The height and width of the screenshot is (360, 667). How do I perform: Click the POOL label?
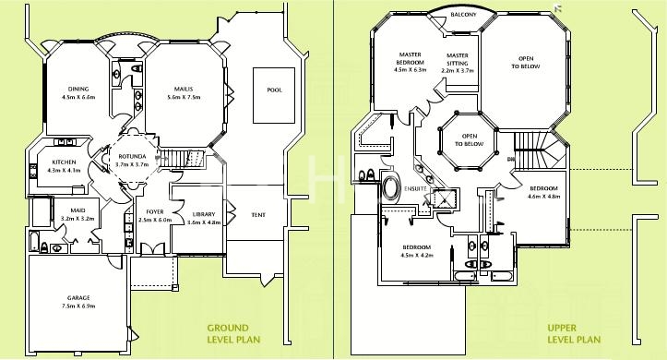[x=274, y=90]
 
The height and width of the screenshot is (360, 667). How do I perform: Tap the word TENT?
[x=258, y=215]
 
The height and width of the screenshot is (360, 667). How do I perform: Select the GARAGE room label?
[x=78, y=298]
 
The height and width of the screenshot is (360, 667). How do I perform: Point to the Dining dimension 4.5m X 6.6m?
[x=78, y=97]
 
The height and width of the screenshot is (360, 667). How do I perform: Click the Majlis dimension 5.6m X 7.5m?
[x=184, y=97]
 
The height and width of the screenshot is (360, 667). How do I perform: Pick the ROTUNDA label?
[x=132, y=156]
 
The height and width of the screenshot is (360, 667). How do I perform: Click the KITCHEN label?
[x=65, y=162]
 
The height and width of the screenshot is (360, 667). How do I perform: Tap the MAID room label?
[x=77, y=210]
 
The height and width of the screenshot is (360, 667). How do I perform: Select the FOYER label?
[x=155, y=211]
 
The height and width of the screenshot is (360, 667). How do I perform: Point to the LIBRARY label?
[x=204, y=214]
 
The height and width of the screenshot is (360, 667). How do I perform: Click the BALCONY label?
[x=464, y=15]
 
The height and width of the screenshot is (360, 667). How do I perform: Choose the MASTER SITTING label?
[x=458, y=59]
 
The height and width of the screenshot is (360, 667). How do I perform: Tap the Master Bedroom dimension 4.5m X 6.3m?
[x=410, y=70]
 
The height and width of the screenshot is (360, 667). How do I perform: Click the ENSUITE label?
[x=415, y=189]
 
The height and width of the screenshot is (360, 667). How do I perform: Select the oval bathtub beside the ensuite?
[x=391, y=187]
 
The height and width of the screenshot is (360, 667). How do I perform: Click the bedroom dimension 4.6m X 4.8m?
[x=544, y=197]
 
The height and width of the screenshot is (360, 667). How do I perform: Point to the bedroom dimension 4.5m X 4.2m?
[x=417, y=256]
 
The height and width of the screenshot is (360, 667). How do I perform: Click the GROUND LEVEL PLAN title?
[x=233, y=333]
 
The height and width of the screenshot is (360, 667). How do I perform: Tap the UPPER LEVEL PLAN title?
[x=574, y=333]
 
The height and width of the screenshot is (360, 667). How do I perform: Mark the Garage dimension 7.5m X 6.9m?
[x=78, y=306]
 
